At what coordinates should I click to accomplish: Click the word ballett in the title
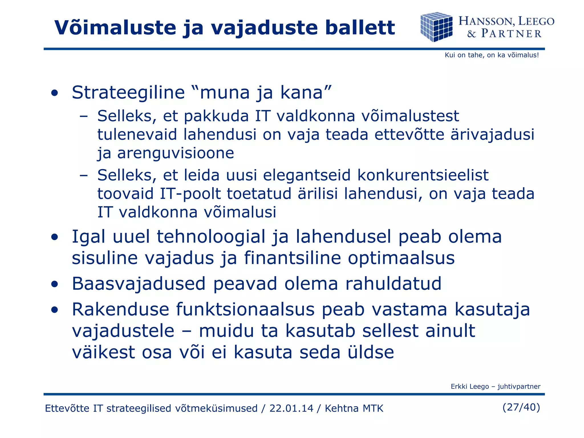pos(360,28)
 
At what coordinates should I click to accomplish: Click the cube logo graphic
pos(436,27)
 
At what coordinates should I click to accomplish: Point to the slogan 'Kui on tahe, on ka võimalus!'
pos(492,55)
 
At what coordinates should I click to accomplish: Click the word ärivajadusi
pos(492,134)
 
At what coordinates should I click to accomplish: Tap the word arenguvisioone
pos(176,153)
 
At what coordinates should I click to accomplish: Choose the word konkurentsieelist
pos(423,175)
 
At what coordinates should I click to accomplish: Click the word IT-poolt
pos(190,194)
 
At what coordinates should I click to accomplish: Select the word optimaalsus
pos(401,258)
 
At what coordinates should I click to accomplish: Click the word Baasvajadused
pos(139,284)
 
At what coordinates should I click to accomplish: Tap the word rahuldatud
pos(393,284)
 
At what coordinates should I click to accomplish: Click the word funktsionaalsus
pos(245,309)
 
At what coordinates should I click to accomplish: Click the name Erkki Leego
pos(470,387)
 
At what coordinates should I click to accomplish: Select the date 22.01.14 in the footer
pos(291,408)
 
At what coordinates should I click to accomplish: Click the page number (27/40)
pos(521,407)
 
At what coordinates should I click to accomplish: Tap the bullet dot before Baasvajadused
pos(54,284)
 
